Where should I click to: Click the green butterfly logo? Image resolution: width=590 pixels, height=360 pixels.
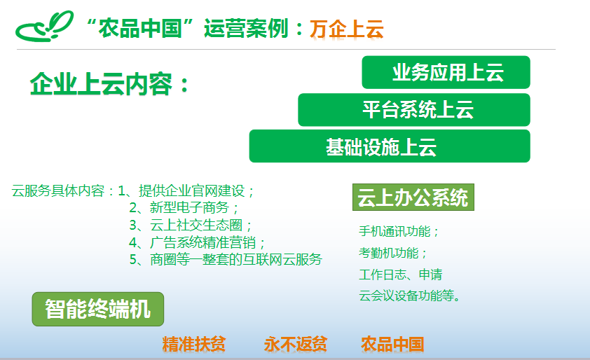[44, 27]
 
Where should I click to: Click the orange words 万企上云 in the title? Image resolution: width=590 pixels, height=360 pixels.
[347, 29]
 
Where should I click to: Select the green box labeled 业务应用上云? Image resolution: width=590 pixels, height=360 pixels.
[446, 72]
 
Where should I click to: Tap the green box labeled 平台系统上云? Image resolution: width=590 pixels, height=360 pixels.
[414, 110]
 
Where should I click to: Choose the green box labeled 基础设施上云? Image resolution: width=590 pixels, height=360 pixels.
[390, 146]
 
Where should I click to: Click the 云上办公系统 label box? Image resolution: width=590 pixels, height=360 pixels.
[413, 197]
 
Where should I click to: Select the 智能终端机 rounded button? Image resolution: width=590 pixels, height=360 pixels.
[98, 309]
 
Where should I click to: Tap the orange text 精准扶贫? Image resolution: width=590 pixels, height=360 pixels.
[194, 344]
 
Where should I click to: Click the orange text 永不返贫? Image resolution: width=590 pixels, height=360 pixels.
[296, 344]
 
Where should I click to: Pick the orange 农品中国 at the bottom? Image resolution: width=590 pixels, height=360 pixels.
[392, 344]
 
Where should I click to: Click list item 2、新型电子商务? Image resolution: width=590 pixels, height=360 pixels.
[184, 207]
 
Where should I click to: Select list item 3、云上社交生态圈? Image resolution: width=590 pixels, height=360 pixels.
[191, 225]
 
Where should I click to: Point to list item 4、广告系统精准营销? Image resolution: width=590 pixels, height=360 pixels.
[197, 242]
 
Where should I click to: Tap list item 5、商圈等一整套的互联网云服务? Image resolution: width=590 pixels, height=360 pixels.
[226, 260]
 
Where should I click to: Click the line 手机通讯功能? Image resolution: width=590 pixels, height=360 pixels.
[399, 231]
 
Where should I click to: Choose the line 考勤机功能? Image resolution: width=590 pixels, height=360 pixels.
[393, 253]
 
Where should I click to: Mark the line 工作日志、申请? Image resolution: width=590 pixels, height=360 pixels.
[400, 275]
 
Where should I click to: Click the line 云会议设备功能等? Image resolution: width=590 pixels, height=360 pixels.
[409, 296]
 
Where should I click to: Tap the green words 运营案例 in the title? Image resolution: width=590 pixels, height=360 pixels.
[246, 29]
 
